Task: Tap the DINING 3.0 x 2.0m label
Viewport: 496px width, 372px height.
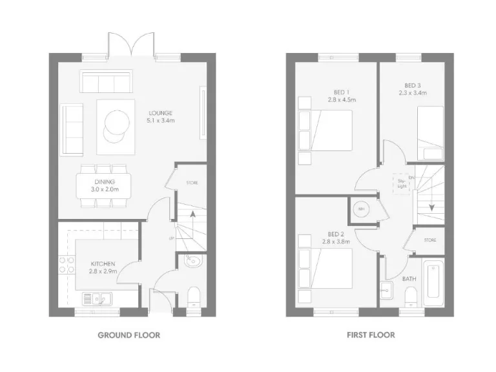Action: coord(103,186)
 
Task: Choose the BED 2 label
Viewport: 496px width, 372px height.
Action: coord(336,238)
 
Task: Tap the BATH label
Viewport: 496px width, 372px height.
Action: coord(409,279)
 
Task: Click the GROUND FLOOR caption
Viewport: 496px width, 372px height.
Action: coord(129,335)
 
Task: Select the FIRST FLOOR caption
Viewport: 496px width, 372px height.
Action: coord(369,335)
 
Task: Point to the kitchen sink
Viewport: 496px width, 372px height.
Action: coord(97,298)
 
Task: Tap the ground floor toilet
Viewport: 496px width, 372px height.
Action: coord(192,296)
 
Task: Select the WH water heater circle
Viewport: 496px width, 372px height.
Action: coord(361,210)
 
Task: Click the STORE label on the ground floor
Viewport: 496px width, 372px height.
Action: coord(192,183)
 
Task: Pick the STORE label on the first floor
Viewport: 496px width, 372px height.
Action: coord(430,240)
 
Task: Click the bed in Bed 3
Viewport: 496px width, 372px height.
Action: coord(429,132)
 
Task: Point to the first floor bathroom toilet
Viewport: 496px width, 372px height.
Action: coord(409,298)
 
